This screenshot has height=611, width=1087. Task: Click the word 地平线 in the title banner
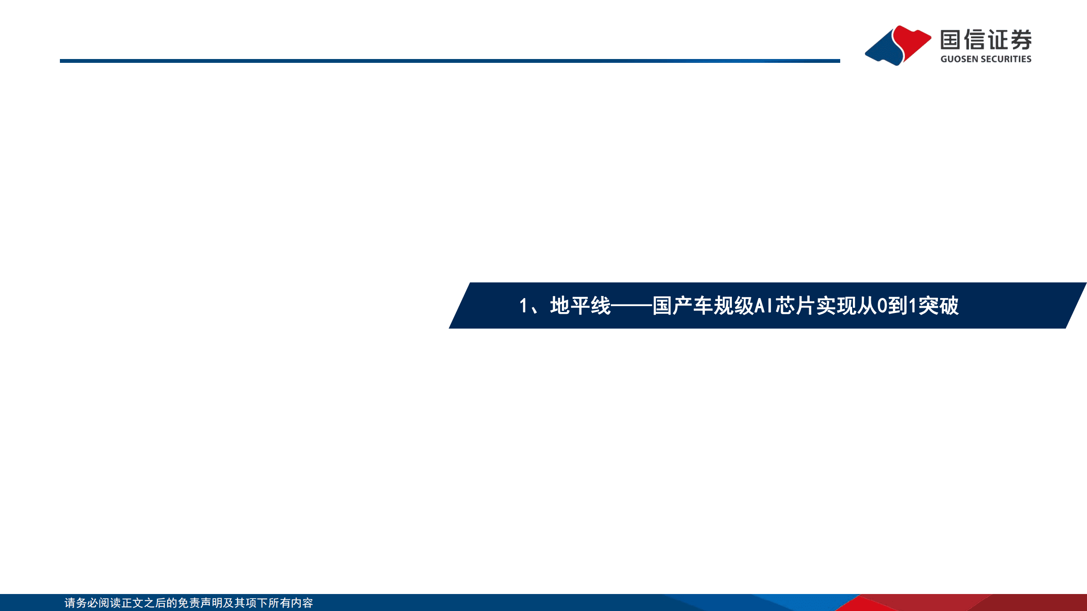coord(580,306)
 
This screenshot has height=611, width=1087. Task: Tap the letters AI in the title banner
coord(764,306)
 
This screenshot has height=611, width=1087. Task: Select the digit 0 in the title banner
coord(882,306)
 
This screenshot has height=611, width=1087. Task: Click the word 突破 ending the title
coord(939,306)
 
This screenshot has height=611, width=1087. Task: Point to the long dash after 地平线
coord(632,306)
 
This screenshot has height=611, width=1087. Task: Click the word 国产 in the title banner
coord(672,306)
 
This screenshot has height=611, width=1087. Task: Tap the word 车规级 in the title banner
coord(723,306)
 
